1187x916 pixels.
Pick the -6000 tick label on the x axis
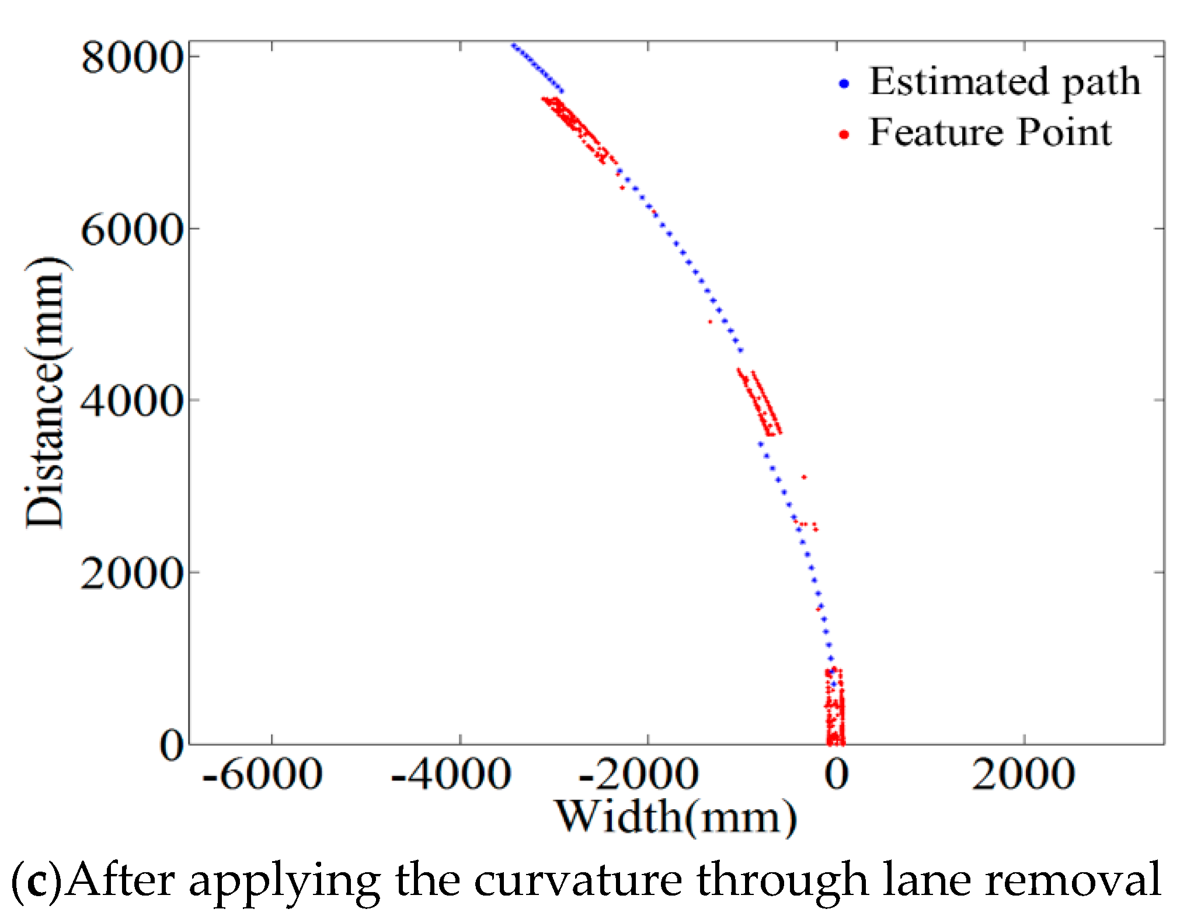point(262,775)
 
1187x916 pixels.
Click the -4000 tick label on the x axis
point(451,775)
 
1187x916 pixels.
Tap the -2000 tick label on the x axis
point(639,775)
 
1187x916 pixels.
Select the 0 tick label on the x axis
point(836,775)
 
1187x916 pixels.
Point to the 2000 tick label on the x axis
point(1024,775)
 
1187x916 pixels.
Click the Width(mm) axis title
point(676,817)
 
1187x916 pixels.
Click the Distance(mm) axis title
point(47,392)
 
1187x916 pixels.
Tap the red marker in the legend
point(844,135)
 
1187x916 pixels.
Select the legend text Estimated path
point(1004,82)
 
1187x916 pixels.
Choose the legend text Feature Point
point(990,133)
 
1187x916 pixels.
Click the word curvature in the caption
point(578,880)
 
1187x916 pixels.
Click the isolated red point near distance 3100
point(804,477)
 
